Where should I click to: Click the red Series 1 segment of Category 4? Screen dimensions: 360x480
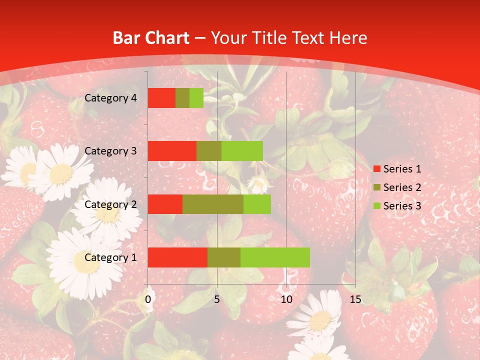pyautogui.click(x=161, y=98)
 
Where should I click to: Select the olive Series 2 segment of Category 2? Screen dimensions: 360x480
pyautogui.click(x=213, y=204)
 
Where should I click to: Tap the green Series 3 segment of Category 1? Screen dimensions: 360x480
pyautogui.click(x=275, y=257)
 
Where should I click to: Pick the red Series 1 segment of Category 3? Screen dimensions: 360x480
pyautogui.click(x=172, y=151)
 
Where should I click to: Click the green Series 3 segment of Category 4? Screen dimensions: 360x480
pyautogui.click(x=196, y=98)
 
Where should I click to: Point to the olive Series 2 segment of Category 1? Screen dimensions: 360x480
pyautogui.click(x=224, y=257)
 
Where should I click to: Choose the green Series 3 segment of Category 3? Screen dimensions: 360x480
pyautogui.click(x=242, y=151)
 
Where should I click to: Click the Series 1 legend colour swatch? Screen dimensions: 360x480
pyautogui.click(x=376, y=169)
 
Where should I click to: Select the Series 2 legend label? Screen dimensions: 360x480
pyautogui.click(x=402, y=187)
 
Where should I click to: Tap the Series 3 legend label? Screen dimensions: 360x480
pyautogui.click(x=402, y=206)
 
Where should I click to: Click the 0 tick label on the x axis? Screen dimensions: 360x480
pyautogui.click(x=148, y=299)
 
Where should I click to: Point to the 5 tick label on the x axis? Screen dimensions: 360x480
pyautogui.click(x=217, y=299)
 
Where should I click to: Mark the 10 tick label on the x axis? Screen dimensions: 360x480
pyautogui.click(x=286, y=299)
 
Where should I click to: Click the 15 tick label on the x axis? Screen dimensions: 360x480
pyautogui.click(x=355, y=299)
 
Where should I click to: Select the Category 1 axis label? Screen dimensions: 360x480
pyautogui.click(x=110, y=257)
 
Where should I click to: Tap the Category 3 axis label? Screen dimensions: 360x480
pyautogui.click(x=110, y=151)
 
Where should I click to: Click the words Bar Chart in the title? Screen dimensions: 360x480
pyautogui.click(x=151, y=38)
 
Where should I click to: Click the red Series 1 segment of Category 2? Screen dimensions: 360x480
pyautogui.click(x=165, y=204)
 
